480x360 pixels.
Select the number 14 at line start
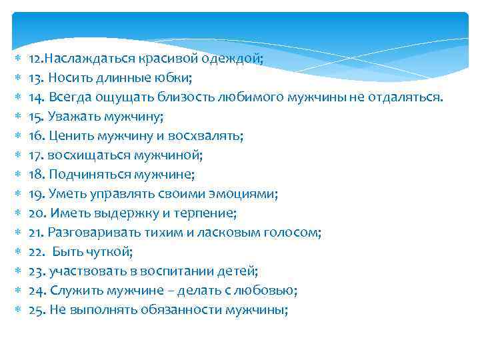pos(35,97)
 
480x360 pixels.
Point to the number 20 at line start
pos(35,213)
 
